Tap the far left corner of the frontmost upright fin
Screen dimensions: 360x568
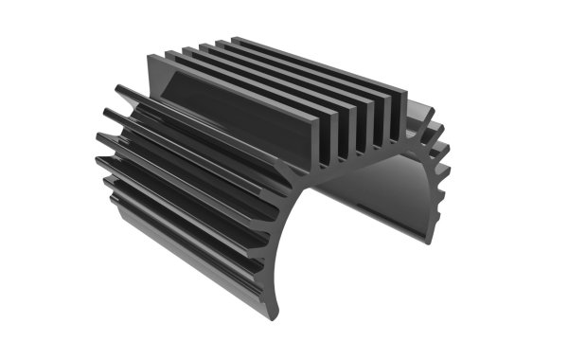[152, 57]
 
